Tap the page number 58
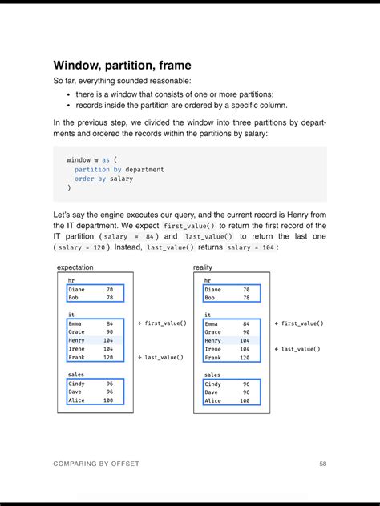(x=322, y=464)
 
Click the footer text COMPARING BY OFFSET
(x=95, y=464)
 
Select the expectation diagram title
(x=75, y=267)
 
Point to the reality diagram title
(x=203, y=267)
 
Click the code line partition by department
(x=119, y=170)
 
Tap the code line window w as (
(x=91, y=160)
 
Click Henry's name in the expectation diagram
(x=77, y=340)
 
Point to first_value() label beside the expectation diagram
(x=162, y=323)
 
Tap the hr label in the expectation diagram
(x=72, y=281)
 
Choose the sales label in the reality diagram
(x=212, y=375)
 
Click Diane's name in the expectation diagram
(x=77, y=289)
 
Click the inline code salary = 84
(x=129, y=237)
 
